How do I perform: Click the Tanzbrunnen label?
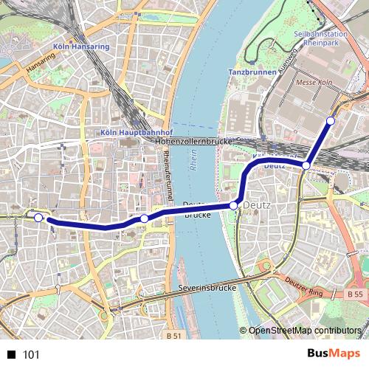251,73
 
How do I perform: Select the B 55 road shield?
354,293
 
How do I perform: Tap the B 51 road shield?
174,335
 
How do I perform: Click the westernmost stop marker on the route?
39,217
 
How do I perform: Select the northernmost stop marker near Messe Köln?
330,120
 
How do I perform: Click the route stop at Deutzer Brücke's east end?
233,205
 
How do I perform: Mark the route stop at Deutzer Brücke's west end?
144,218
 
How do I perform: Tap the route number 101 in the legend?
31,355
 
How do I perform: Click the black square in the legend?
11,355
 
